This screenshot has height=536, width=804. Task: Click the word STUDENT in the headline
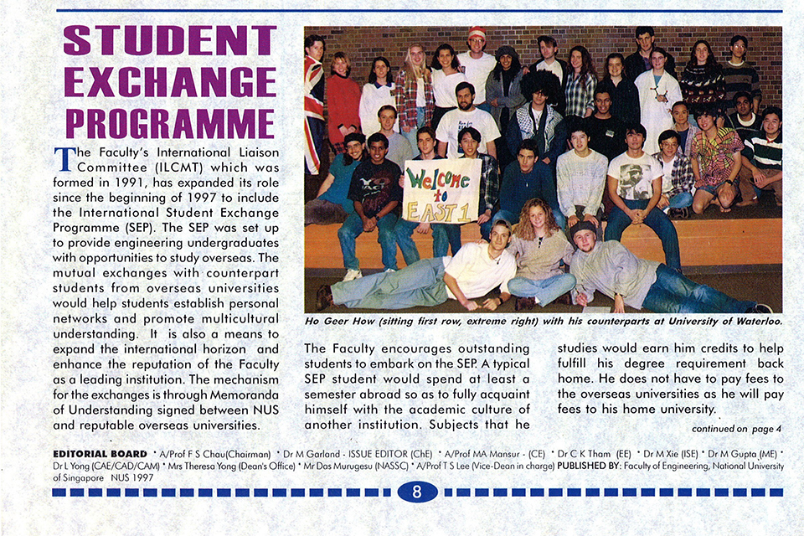(170, 40)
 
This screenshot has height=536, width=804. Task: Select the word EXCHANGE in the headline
(170, 82)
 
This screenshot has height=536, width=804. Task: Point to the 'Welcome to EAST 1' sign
(441, 191)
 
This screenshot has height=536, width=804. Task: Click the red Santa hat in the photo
(477, 33)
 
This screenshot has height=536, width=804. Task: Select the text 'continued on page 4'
(736, 429)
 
